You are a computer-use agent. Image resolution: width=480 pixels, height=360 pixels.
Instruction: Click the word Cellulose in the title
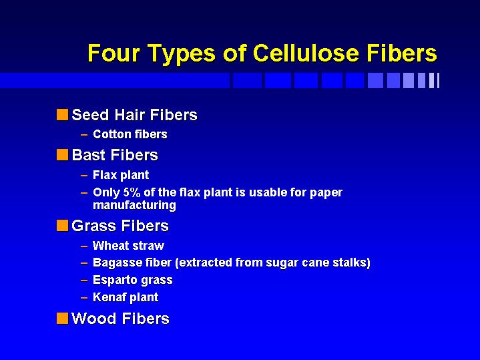306,53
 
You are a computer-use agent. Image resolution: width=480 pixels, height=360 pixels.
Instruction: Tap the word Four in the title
114,53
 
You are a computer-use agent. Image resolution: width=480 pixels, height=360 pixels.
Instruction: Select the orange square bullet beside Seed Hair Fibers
63,115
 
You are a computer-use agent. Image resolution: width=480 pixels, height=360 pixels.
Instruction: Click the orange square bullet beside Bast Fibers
63,154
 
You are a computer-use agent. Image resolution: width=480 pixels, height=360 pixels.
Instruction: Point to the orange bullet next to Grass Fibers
63,226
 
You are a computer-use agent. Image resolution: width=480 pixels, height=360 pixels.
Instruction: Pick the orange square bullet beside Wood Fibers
63,318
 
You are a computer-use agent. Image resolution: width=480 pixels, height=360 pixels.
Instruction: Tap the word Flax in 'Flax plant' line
104,175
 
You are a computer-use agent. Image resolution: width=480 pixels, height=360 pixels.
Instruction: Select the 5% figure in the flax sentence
132,192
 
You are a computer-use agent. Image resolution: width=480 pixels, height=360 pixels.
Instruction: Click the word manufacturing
134,205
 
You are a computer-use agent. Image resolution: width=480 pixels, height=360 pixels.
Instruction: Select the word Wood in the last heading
94,318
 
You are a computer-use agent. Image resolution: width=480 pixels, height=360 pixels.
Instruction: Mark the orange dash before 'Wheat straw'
84,246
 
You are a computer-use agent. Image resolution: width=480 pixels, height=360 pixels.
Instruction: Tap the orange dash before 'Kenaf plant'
84,297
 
